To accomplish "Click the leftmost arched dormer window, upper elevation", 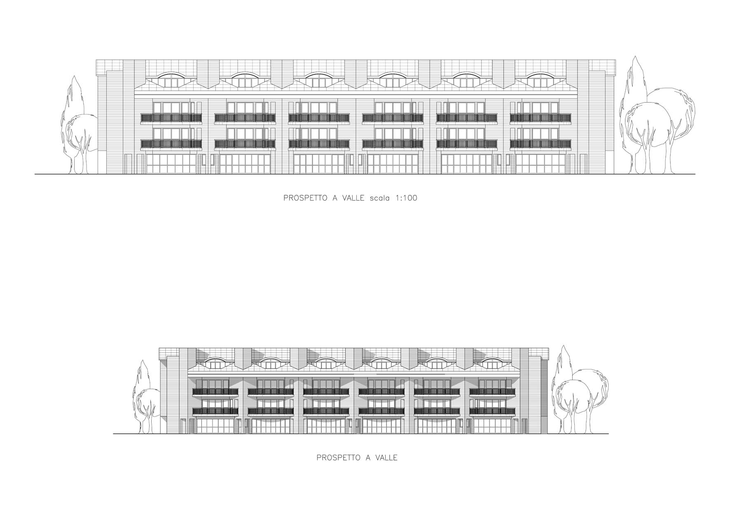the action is (x=171, y=80).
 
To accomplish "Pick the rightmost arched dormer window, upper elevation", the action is (x=540, y=80).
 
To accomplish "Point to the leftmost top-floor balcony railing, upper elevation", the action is (x=171, y=118).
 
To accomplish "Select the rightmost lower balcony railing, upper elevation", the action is (x=540, y=144).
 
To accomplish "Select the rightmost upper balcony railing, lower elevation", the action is (x=492, y=392).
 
